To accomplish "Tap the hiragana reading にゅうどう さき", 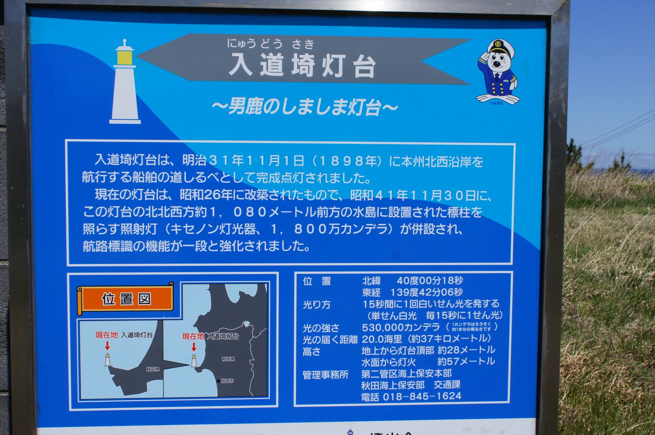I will [x=271, y=43].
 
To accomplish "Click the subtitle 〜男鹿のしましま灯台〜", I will [x=304, y=107].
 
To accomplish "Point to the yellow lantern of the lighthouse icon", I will [x=125, y=58].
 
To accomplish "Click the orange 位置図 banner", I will [x=126, y=299].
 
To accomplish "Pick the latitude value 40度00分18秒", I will [x=429, y=280].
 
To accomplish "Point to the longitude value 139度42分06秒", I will [x=426, y=292].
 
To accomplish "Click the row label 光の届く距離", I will [x=330, y=340].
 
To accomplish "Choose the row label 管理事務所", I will [x=325, y=375].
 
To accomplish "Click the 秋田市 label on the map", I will [x=227, y=381].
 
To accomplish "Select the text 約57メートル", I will [x=466, y=361].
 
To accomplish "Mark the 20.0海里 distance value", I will [x=381, y=339].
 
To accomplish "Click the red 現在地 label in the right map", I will [x=193, y=336].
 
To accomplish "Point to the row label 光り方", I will [x=316, y=305].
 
